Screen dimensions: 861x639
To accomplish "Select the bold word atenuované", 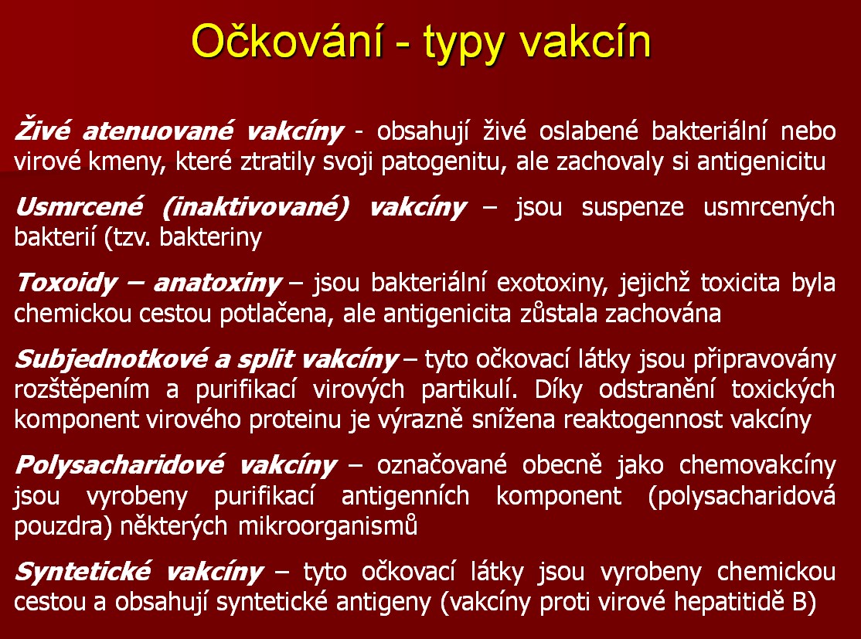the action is (x=158, y=131).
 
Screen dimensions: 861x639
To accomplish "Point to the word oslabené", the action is (x=588, y=131).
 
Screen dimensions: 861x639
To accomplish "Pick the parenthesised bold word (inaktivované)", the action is (x=256, y=208).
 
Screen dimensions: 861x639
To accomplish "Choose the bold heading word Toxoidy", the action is (x=66, y=284).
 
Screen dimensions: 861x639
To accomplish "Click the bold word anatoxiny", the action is (x=217, y=284).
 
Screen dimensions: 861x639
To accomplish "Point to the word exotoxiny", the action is (x=552, y=284).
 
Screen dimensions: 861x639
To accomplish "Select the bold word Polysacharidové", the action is (x=120, y=465).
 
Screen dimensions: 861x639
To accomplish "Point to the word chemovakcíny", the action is (x=757, y=465).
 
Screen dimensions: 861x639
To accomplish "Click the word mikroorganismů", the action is (x=328, y=526).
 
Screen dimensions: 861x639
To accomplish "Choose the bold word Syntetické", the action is (x=83, y=572).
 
